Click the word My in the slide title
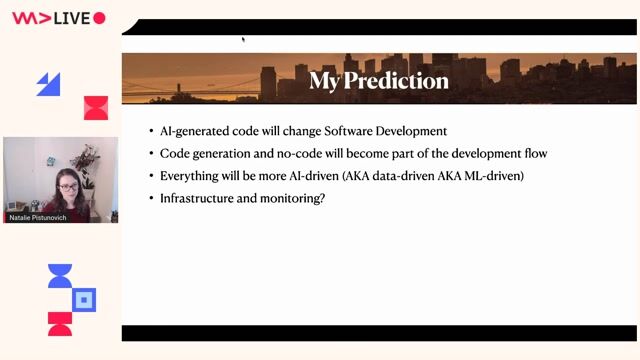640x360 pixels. pyautogui.click(x=326, y=80)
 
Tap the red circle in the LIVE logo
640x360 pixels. pyautogui.click(x=99, y=18)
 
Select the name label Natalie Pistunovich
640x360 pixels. pyautogui.click(x=39, y=215)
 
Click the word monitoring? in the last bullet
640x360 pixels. pyautogui.click(x=294, y=198)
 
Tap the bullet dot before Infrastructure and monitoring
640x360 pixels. pyautogui.click(x=150, y=199)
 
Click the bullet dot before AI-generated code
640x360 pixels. pyautogui.click(x=150, y=132)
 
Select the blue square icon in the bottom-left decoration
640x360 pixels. pyautogui.click(x=85, y=299)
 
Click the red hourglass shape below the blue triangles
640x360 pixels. pyautogui.click(x=96, y=108)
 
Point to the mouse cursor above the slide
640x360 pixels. pyautogui.click(x=243, y=40)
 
